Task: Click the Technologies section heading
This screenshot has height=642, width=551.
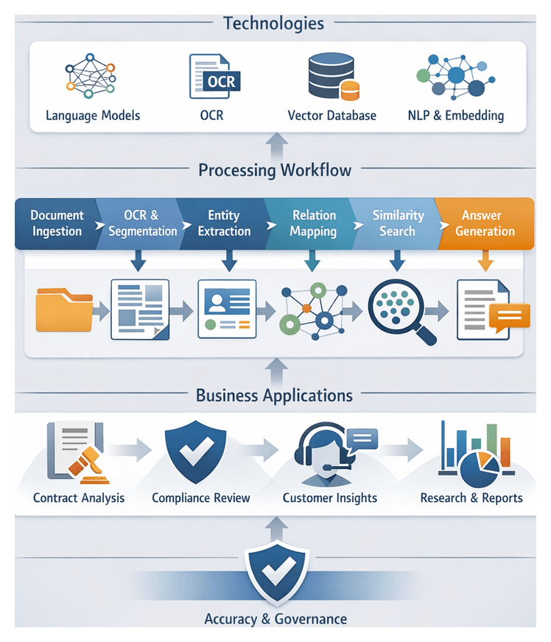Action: (273, 23)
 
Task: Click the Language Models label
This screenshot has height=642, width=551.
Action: (93, 115)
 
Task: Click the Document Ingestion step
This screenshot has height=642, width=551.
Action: (57, 223)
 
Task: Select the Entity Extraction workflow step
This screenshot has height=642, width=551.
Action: (224, 223)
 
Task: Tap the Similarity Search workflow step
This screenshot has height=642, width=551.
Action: (397, 223)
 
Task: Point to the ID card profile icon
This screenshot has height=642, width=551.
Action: (226, 309)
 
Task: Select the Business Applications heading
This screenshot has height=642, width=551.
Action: (274, 395)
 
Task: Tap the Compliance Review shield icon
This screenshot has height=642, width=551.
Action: (195, 451)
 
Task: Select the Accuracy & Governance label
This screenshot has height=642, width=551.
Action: (275, 618)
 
